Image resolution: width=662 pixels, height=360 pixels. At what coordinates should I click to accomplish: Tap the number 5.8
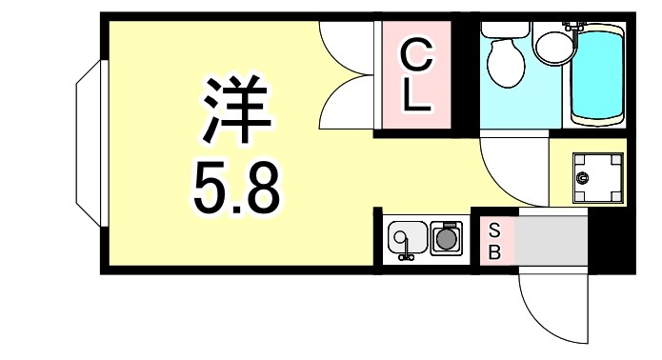(236, 188)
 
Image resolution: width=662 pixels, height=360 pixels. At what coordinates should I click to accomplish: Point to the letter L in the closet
(415, 97)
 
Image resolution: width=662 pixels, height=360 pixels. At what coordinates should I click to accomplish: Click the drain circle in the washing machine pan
(585, 177)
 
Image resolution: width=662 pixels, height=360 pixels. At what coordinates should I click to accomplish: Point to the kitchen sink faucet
(406, 252)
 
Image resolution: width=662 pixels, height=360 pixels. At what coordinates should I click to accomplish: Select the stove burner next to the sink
(445, 239)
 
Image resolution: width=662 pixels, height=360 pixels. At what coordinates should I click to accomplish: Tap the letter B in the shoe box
(494, 252)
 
